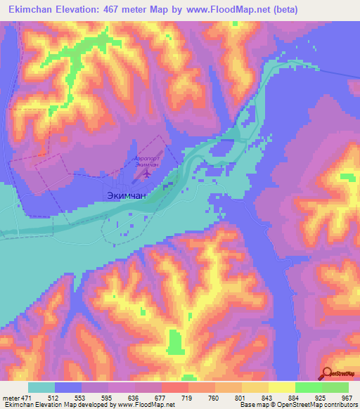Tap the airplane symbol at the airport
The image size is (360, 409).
tap(147, 172)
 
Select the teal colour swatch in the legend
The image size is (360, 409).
tap(41, 387)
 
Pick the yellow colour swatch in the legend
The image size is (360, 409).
tap(281, 387)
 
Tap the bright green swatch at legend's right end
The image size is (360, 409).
tap(335, 387)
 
